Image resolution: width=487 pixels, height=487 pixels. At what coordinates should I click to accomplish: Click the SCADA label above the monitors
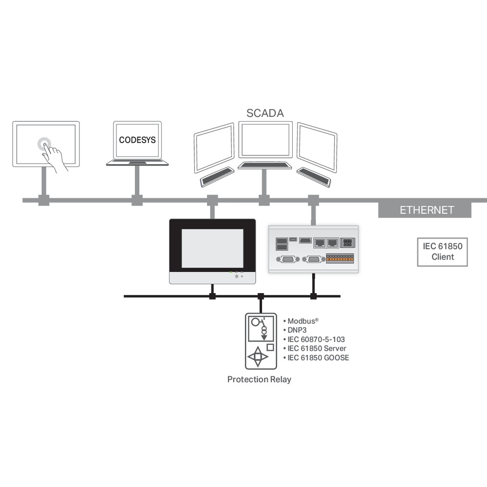click(265, 113)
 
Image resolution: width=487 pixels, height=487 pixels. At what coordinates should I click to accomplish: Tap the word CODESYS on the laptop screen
click(137, 140)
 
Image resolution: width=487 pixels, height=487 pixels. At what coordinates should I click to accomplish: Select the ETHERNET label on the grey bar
click(427, 210)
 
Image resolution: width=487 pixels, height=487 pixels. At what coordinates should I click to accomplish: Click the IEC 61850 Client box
click(442, 252)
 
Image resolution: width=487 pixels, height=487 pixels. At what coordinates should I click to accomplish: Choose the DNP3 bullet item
click(299, 330)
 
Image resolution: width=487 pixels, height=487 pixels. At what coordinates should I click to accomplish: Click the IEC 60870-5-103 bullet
click(316, 339)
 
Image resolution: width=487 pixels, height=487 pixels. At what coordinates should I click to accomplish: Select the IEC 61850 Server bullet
click(317, 349)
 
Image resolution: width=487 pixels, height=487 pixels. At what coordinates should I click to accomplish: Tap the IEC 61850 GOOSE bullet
click(318, 358)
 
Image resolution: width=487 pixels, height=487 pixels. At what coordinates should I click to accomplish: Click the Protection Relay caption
click(259, 379)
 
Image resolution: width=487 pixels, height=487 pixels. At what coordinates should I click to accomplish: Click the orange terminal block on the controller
click(339, 259)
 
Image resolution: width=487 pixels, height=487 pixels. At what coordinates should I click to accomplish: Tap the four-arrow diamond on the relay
click(258, 357)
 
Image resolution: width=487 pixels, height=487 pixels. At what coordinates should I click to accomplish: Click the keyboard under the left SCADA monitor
click(217, 177)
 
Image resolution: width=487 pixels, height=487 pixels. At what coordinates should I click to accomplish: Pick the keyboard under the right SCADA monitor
click(314, 177)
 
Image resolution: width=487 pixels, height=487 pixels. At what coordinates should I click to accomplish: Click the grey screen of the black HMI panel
click(212, 248)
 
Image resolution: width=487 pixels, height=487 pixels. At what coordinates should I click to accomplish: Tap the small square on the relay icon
click(270, 348)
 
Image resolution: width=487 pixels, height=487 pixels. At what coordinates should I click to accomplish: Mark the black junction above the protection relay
click(261, 296)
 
